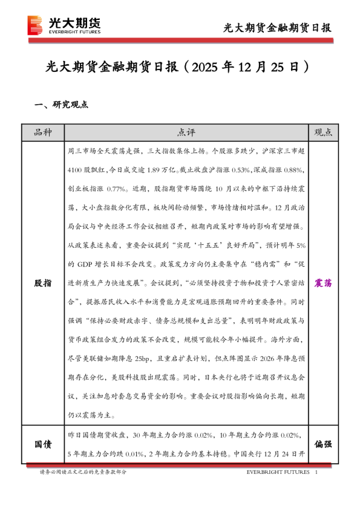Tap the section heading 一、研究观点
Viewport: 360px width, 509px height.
tap(62, 105)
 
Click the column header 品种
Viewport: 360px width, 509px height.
tap(42, 132)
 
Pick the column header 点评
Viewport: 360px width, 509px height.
tap(186, 132)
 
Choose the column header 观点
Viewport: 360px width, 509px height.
tap(324, 132)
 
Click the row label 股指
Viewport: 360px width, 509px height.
tap(42, 282)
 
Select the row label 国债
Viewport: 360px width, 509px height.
tap(42, 444)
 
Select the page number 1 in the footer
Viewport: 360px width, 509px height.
tap(316, 472)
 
